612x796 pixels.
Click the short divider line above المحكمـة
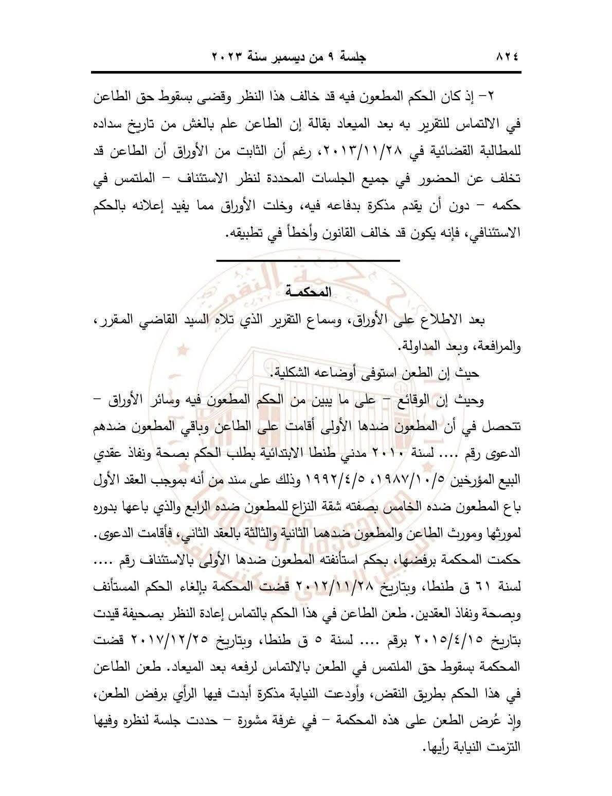pos(308,261)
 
